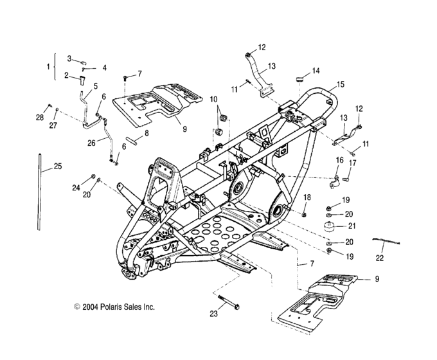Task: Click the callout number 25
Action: tap(57, 167)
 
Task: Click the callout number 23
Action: tap(213, 314)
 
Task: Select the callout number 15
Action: tap(341, 84)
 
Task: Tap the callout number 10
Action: tap(213, 100)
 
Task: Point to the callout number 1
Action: tap(47, 67)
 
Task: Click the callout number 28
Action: tap(40, 118)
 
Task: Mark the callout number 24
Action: tap(76, 188)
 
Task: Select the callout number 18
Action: tap(307, 197)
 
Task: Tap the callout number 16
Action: tap(339, 159)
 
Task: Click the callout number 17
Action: tap(352, 163)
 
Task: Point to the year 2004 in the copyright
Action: tap(90, 307)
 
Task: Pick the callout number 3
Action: tap(70, 59)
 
